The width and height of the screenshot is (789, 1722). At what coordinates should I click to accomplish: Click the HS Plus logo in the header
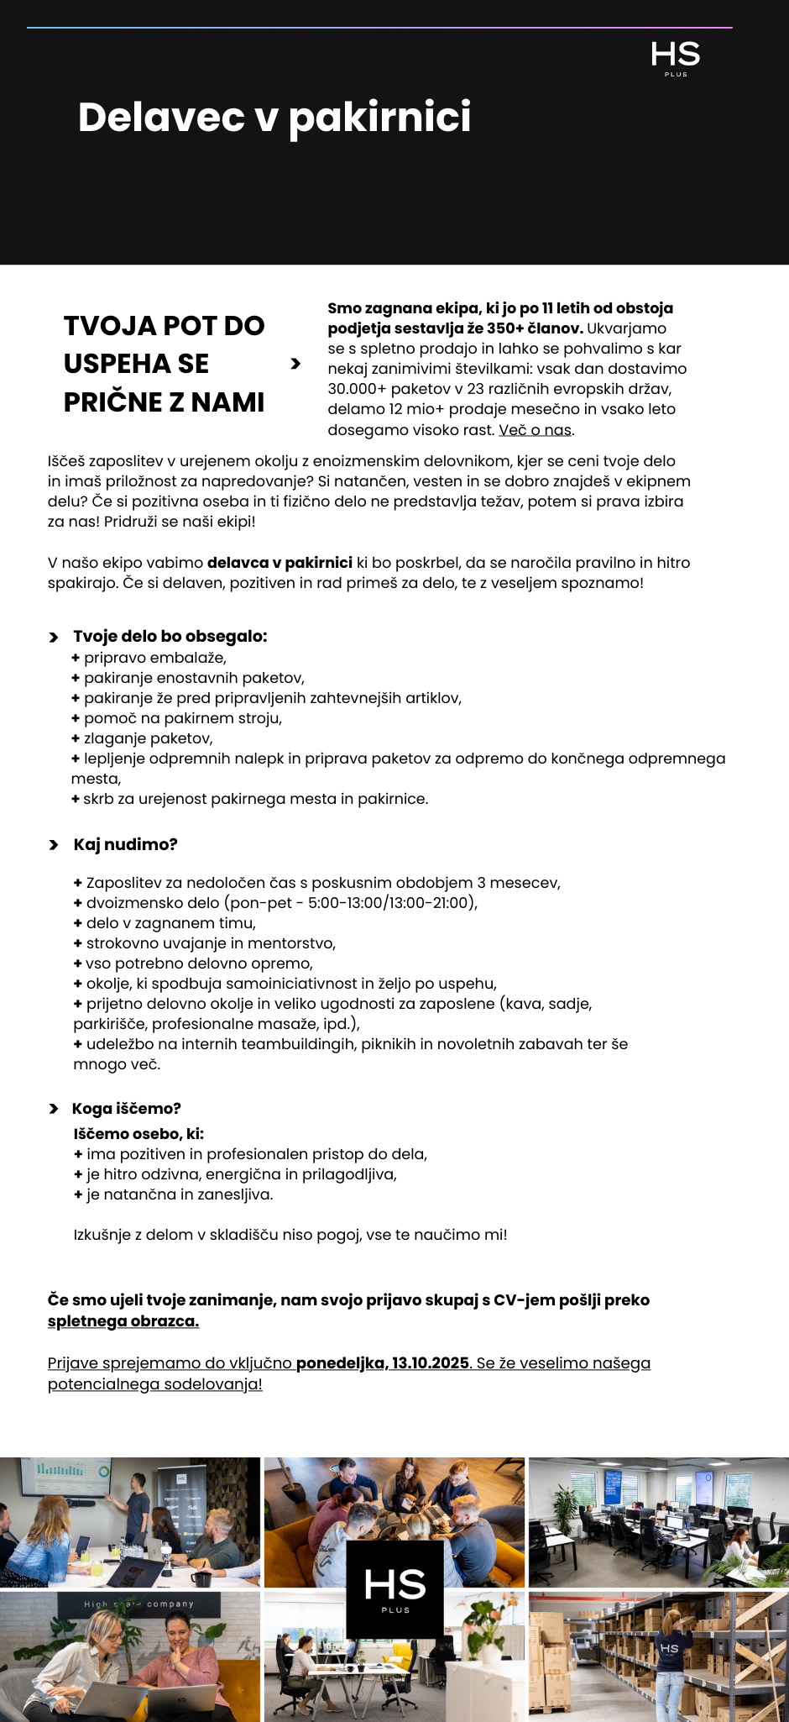(x=676, y=58)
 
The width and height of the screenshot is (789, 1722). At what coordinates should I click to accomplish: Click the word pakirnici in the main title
(x=379, y=118)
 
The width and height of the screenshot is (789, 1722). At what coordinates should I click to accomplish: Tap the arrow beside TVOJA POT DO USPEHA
(x=295, y=364)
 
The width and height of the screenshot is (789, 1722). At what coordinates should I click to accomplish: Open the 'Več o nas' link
(x=536, y=430)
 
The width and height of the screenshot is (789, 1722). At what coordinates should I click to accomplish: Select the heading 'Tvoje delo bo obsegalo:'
(x=170, y=637)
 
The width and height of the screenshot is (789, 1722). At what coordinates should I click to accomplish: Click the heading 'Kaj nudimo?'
(x=125, y=845)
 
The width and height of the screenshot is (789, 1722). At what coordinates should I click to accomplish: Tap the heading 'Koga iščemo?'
(x=127, y=1109)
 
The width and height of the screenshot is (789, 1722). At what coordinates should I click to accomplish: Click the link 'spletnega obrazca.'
(x=123, y=1321)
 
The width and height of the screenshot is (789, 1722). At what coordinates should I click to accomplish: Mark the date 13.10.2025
(x=430, y=1363)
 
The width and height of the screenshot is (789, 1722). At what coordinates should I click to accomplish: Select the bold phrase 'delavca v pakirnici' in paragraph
(x=280, y=563)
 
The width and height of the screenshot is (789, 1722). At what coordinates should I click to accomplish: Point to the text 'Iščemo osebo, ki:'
(x=138, y=1134)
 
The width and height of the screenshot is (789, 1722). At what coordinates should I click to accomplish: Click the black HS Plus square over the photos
(x=394, y=1589)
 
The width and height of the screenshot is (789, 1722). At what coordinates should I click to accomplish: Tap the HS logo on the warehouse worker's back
(x=669, y=1649)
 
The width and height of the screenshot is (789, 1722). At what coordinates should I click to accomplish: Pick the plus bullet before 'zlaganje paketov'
(x=76, y=738)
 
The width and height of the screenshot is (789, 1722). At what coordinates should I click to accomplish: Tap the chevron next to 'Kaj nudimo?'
(x=54, y=845)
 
